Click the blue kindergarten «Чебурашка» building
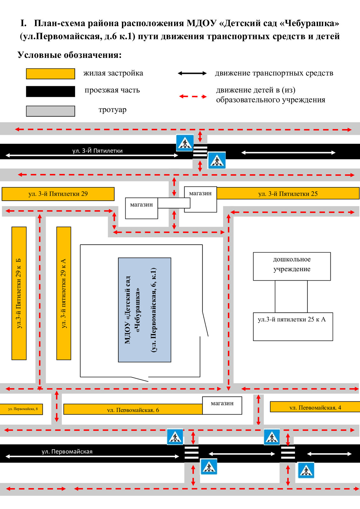pos(145,310)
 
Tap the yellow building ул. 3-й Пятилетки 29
pos(58,194)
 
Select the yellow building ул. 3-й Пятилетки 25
pos(288,193)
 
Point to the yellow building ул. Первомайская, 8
pos(21,409)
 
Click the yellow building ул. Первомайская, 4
pos(315,407)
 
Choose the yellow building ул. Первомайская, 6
pos(133,409)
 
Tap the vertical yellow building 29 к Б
pos(19,293)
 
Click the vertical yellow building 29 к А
pos(64,293)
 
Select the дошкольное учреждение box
pos(292,266)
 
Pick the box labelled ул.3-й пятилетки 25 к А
pos(293,326)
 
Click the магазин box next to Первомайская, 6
pos(222,405)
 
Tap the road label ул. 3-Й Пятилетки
pos(97,151)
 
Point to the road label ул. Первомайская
pos(67,451)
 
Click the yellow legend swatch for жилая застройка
pos(50,73)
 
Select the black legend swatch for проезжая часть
pos(50,91)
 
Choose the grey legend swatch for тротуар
pos(50,111)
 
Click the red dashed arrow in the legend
pos(193,96)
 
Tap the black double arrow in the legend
pos(192,73)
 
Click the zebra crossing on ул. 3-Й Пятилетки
pos(200,151)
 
